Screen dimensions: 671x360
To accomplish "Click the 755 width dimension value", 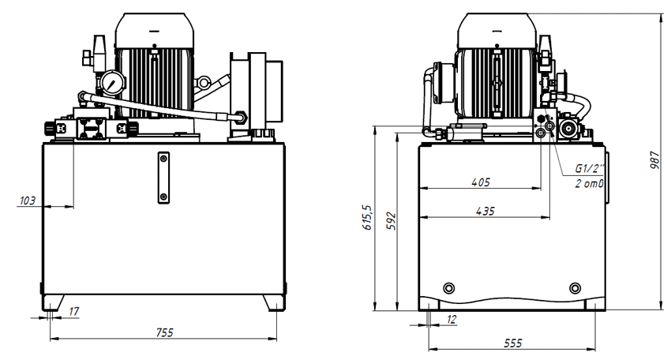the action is [165, 332].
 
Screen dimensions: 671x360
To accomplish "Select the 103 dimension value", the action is [28, 201].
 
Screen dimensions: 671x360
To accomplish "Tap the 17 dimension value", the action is [73, 311].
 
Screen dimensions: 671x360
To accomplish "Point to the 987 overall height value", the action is [654, 159].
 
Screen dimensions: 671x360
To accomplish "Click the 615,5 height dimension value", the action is [367, 217].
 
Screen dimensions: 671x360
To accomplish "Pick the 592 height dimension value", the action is [391, 221].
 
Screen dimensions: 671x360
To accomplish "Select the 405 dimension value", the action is [481, 182].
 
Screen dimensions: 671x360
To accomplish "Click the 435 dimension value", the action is [485, 211].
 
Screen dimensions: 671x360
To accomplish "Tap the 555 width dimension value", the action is [512, 343].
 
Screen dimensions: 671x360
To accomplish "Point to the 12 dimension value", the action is [452, 319].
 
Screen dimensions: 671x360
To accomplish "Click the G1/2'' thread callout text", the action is [590, 168].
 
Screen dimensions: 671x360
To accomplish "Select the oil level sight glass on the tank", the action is [163, 178].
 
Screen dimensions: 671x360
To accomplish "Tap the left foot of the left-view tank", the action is [53, 302].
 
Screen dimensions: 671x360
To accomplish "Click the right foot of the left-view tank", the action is [274, 302].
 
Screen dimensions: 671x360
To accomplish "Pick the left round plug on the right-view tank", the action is [449, 287].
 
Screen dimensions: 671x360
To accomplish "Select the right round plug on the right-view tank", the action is [575, 287].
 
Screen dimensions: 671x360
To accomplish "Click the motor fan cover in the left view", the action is [155, 31].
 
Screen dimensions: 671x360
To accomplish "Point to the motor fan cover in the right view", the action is [497, 31].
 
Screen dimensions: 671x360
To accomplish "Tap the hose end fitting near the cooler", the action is [240, 117].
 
